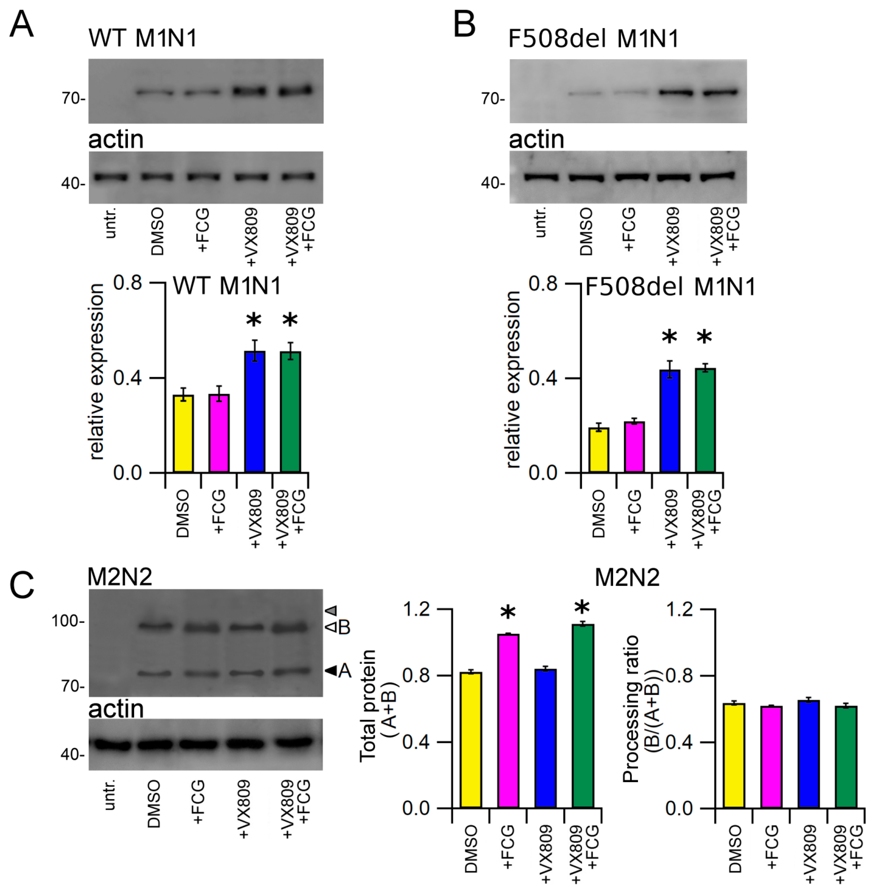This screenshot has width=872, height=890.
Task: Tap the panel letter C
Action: pyautogui.click(x=21, y=585)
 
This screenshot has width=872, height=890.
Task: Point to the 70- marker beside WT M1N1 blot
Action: pyautogui.click(x=73, y=98)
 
